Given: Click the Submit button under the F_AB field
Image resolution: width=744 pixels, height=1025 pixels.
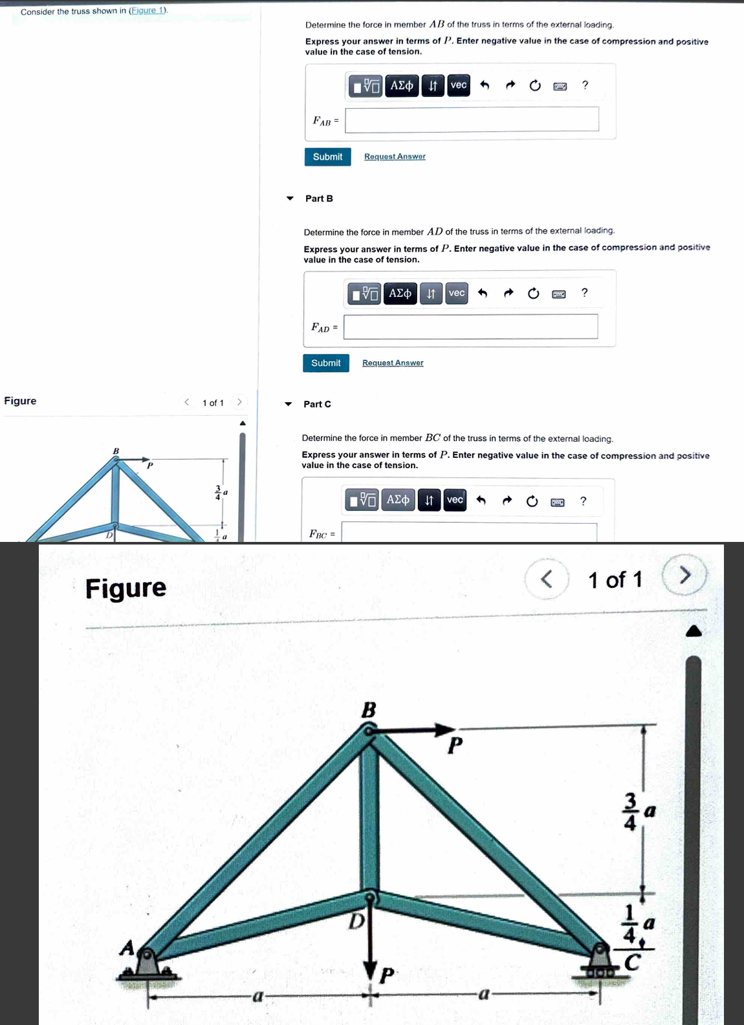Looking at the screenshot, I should pos(327,157).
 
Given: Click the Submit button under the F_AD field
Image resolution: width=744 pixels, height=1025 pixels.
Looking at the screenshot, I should pos(325,363).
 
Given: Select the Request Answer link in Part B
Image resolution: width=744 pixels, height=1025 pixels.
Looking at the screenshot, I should pos(393,363).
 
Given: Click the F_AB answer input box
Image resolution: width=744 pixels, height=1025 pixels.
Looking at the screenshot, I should pos(472,120).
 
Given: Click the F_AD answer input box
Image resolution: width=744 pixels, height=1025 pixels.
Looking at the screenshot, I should pos(470,327).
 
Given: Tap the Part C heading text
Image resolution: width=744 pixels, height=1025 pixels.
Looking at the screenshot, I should pos(317,404).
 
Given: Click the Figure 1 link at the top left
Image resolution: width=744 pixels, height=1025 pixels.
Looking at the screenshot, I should pos(148,11).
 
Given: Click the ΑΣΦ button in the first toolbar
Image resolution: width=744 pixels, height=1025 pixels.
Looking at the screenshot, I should pos(402,85).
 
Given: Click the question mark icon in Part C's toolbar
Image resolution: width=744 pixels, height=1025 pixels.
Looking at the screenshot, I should pos(583,501).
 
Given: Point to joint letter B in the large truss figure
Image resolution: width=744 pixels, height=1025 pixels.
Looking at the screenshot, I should pos(368,710).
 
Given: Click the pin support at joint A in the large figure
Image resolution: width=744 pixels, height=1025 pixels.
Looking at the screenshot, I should pos(148,964).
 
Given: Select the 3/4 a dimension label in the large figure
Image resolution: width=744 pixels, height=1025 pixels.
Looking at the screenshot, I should pos(637,811).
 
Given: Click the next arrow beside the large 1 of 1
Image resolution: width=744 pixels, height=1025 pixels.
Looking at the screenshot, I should pos(685,575).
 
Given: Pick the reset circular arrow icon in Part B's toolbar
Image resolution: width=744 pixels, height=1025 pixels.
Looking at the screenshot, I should pos(533,294).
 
